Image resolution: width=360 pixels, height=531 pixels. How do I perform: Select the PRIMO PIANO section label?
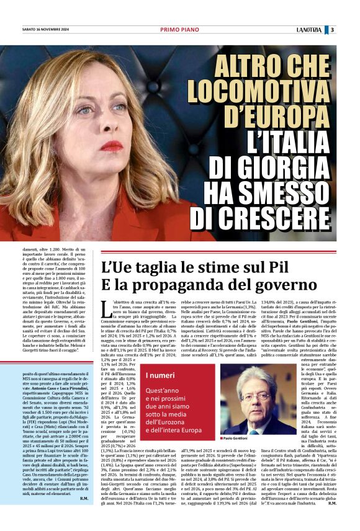179,29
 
